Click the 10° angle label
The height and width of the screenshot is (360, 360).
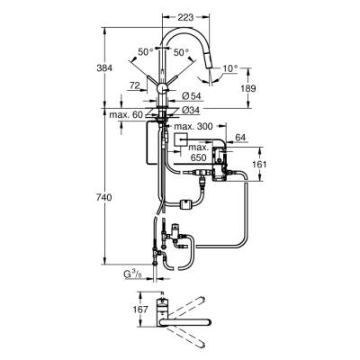pyautogui.click(x=231, y=68)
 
